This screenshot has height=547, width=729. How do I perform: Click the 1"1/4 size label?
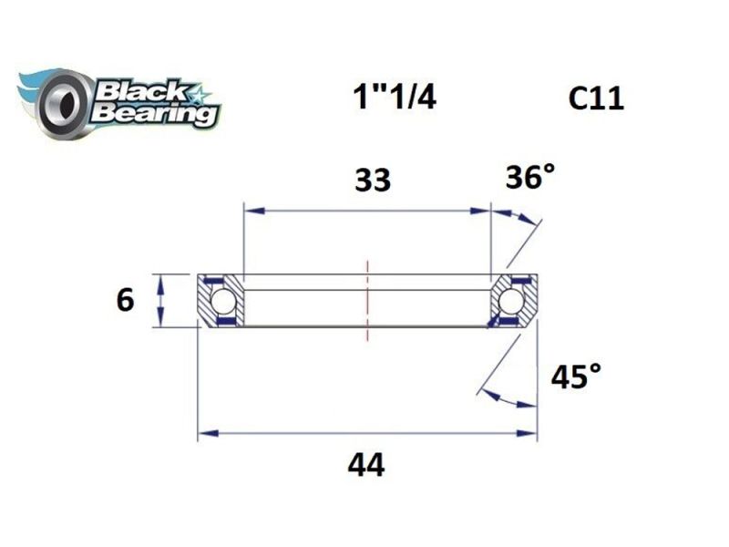(394, 97)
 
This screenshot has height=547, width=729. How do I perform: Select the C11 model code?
(596, 98)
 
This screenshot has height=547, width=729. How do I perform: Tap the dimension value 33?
(372, 181)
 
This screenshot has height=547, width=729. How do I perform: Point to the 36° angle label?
(529, 178)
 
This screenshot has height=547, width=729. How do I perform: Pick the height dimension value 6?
(126, 299)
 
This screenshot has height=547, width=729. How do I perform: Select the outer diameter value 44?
(365, 466)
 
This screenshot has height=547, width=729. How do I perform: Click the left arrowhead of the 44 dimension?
(207, 432)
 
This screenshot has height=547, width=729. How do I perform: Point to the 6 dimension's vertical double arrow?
(161, 299)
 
